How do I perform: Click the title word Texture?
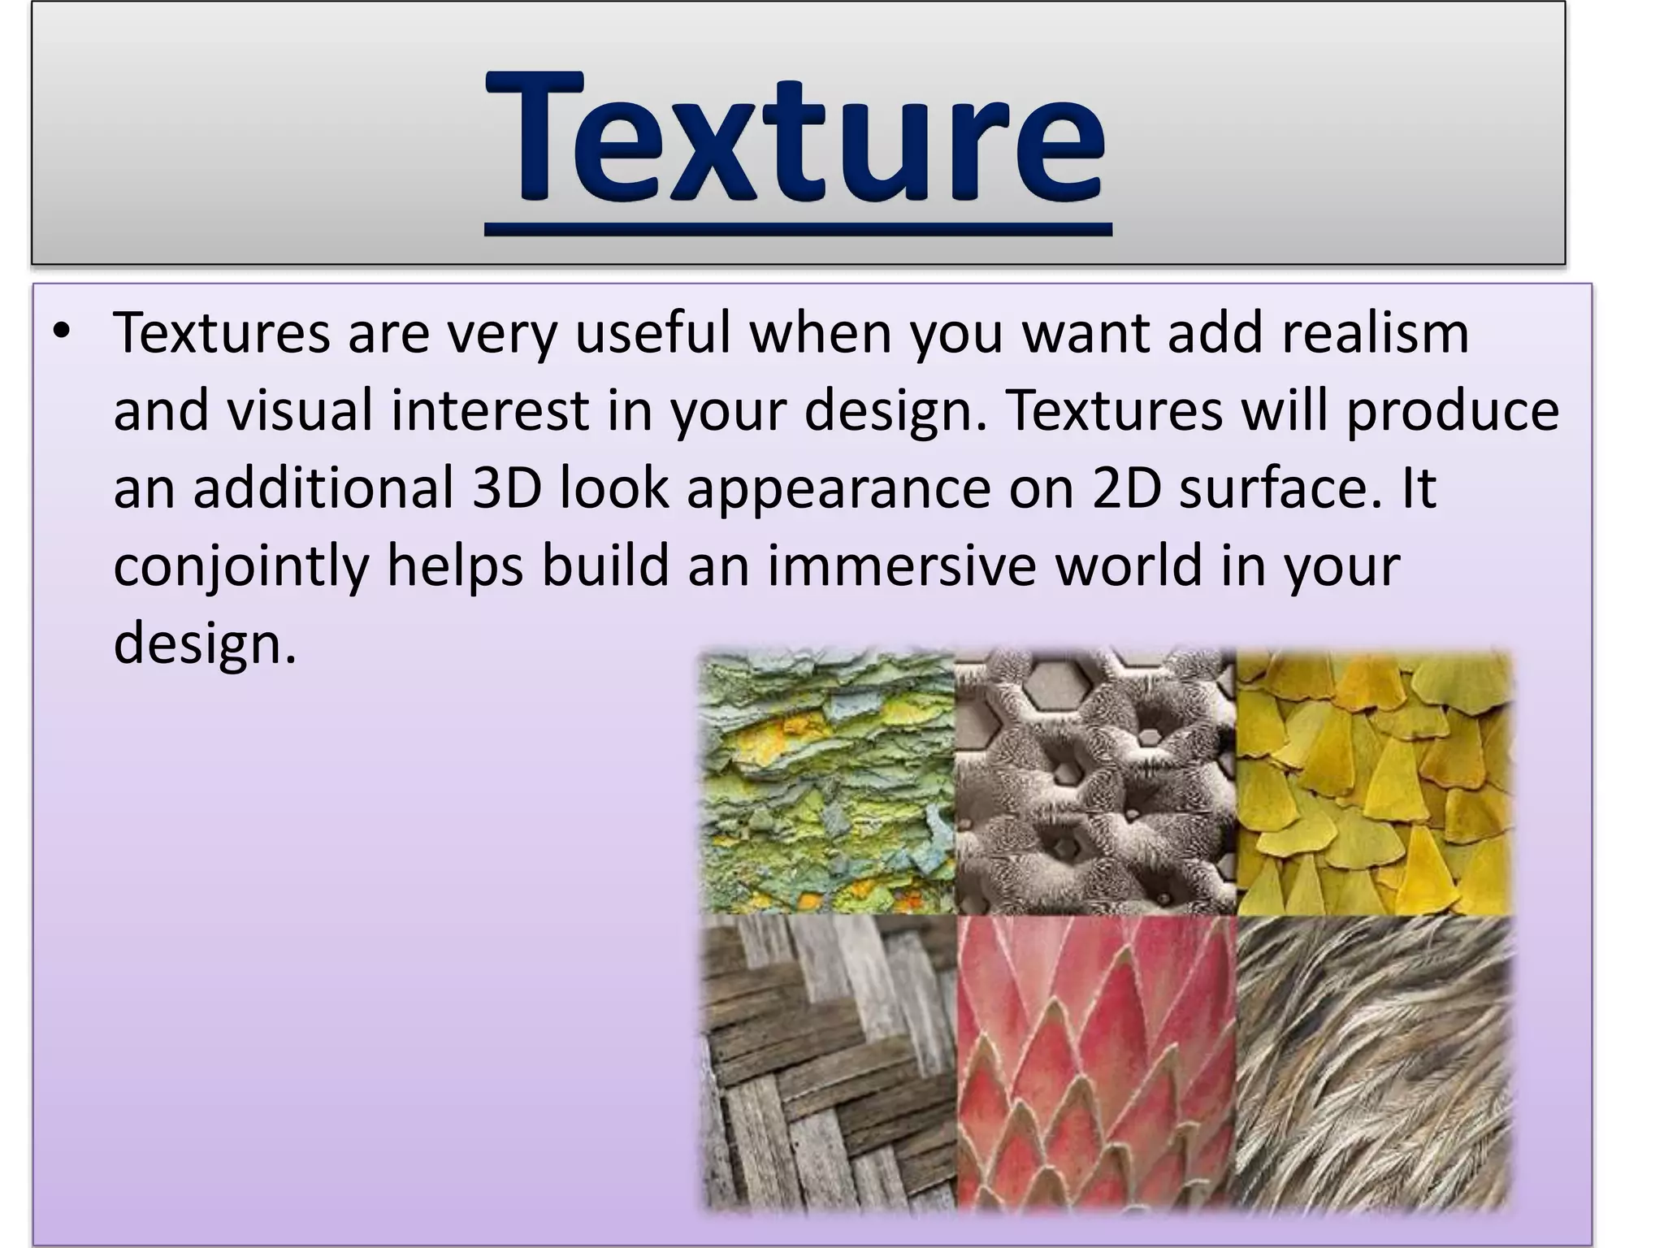point(796,138)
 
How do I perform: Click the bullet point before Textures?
point(62,332)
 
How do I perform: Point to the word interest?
point(490,410)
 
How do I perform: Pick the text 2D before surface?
point(1127,487)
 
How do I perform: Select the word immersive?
point(901,565)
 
